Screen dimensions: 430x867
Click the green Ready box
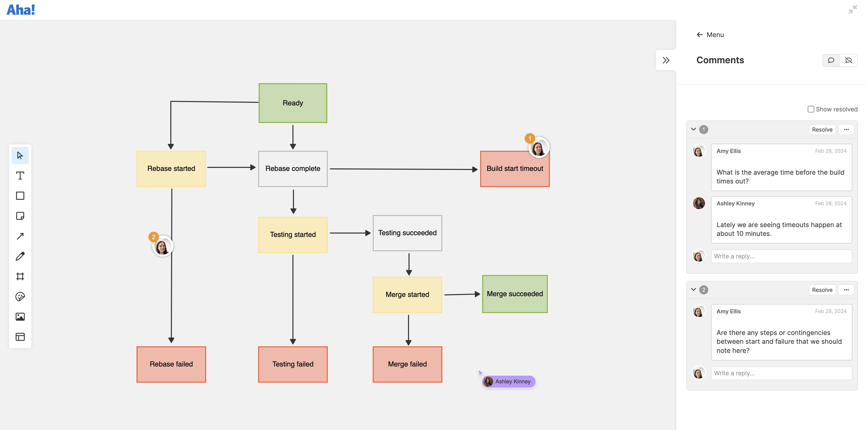[292, 103]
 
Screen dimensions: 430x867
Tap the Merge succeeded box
[514, 294]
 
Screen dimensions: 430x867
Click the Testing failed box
[292, 364]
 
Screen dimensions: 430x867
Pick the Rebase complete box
[292, 168]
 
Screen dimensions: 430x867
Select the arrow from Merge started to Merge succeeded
[461, 294]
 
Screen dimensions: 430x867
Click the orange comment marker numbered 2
[153, 237]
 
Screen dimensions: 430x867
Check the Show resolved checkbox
[811, 109]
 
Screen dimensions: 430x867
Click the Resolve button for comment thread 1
[822, 130]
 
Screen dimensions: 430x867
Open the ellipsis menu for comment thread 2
[846, 290]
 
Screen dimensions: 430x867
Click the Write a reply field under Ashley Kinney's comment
[781, 256]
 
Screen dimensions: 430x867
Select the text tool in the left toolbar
[20, 175]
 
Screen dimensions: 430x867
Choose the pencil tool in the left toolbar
[20, 256]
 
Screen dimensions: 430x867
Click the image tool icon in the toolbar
[20, 317]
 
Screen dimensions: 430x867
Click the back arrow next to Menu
[699, 35]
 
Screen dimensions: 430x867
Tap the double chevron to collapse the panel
[666, 60]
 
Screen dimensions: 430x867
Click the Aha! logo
[21, 10]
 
